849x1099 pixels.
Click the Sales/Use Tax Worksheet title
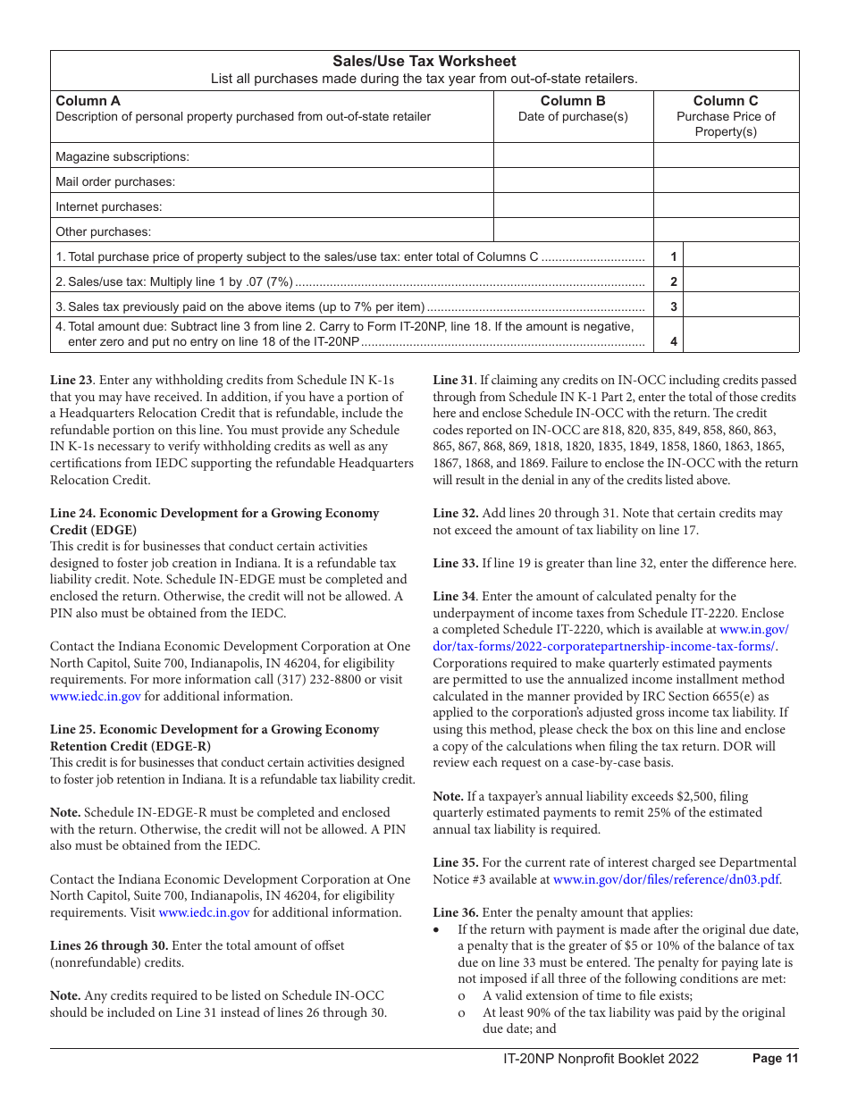(424, 62)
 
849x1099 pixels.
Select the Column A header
(88, 101)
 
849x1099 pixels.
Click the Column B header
(573, 101)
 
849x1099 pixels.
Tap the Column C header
(726, 101)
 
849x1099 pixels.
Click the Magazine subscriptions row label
(122, 156)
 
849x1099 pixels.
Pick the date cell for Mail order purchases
(573, 181)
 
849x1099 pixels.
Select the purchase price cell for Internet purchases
(726, 206)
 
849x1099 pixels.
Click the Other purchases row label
(104, 231)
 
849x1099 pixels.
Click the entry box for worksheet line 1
(741, 256)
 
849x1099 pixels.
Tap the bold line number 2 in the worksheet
(674, 281)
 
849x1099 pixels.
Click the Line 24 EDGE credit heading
(214, 514)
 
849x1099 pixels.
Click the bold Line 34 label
(454, 596)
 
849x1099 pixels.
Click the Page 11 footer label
(775, 1059)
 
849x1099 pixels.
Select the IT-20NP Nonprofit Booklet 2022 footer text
(601, 1059)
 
